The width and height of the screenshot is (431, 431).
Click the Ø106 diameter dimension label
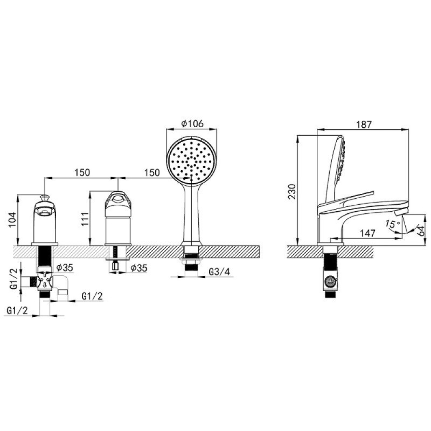192,123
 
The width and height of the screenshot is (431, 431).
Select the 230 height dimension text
292,192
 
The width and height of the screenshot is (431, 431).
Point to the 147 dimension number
367,233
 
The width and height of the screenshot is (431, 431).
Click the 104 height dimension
12,220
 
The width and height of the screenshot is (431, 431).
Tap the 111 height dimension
85,219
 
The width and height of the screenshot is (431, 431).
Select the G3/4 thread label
219,272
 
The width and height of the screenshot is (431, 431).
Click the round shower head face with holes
192,160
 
